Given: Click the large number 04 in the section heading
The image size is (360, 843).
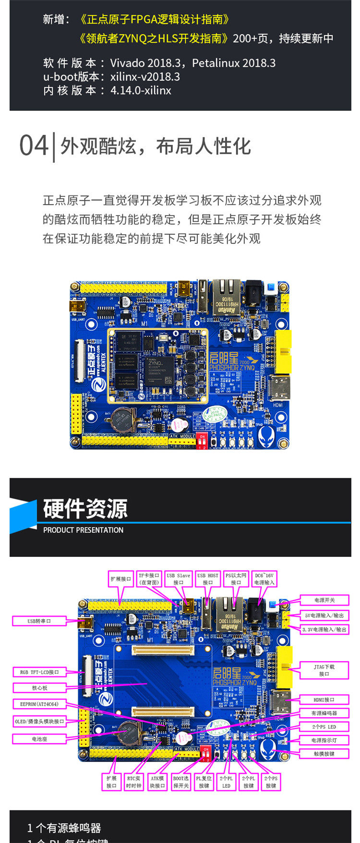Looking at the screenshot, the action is pos(34,145).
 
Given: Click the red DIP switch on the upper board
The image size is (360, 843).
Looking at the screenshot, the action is pos(202,441).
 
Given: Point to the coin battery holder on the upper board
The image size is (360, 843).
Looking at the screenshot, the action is pos(119,421).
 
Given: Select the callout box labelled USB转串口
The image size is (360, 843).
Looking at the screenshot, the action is pos(39,621).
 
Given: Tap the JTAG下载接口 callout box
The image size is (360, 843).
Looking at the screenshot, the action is pos(324,670).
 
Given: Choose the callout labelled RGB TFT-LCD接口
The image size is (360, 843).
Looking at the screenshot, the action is pos(39,672).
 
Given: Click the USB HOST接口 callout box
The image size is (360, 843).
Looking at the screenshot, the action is pos(208,579).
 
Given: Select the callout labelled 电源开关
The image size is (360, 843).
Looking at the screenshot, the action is pos(324,600).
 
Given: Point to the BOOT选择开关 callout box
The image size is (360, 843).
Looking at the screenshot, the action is pos(181,782).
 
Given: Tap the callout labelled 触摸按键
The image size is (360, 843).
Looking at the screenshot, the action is pos(324,754).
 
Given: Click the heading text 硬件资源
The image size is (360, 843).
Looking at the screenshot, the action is pos(85,509).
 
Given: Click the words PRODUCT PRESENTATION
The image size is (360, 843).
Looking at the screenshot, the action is pos(83,530).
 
